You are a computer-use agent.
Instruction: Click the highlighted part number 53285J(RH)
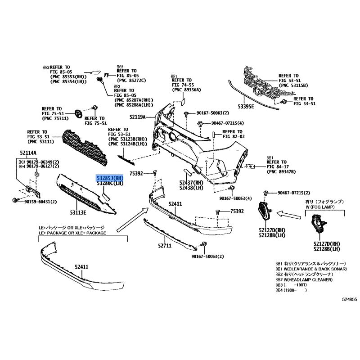tap(110, 178)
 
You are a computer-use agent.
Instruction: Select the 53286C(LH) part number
tap(110, 184)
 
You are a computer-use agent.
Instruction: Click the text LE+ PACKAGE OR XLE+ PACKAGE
tap(72, 233)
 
